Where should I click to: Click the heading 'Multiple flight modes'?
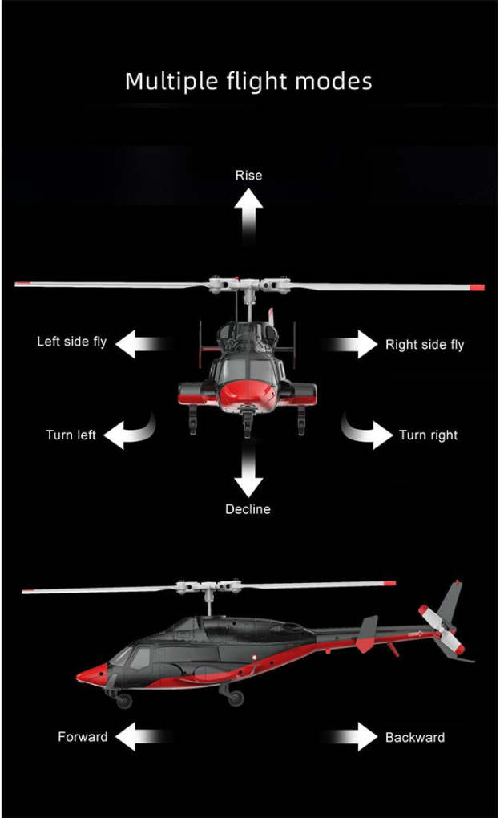(248, 81)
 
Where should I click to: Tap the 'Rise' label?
(248, 175)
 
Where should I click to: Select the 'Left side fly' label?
(71, 342)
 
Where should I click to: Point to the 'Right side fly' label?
(425, 345)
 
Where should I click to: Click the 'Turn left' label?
(71, 435)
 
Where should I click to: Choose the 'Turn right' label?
(429, 435)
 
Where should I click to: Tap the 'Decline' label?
(248, 509)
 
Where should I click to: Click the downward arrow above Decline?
(248, 473)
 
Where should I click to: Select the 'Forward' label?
(83, 737)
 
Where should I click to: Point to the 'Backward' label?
(415, 737)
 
